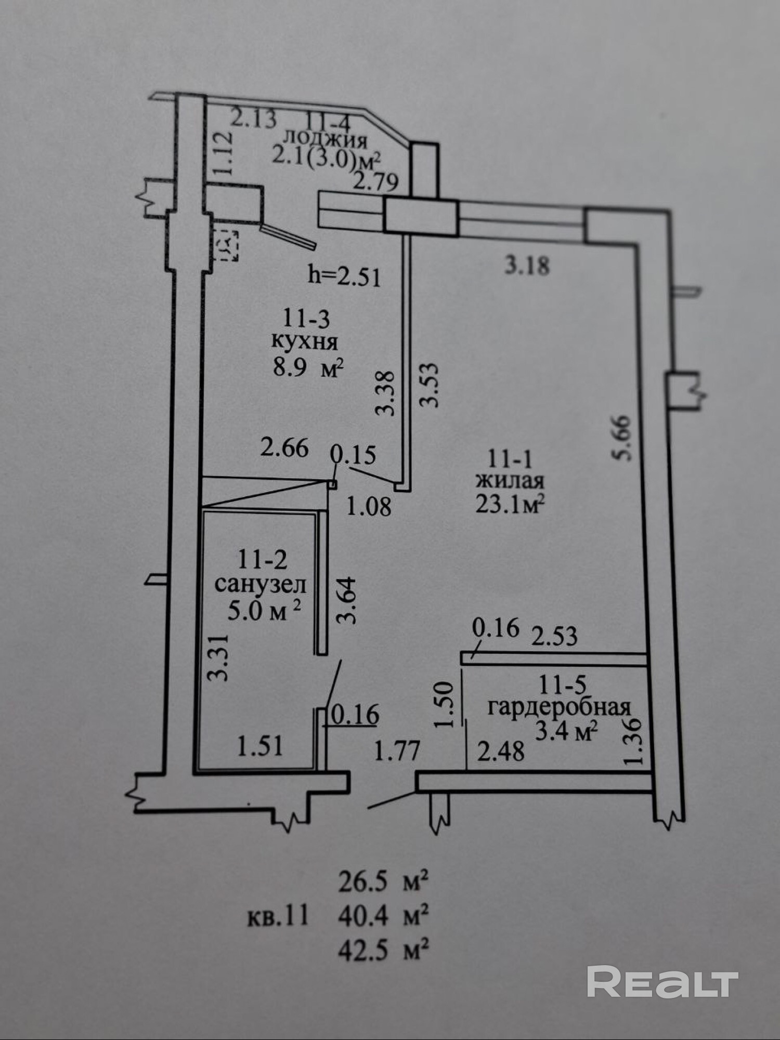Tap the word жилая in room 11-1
(x=510, y=480)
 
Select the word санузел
(x=260, y=585)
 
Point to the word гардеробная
(x=559, y=707)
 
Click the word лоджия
(x=325, y=139)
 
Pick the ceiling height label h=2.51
(x=344, y=275)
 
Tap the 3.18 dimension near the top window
(x=527, y=266)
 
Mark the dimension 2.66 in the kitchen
(x=284, y=447)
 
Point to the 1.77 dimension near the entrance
(x=397, y=751)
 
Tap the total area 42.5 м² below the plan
(x=384, y=951)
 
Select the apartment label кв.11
(x=278, y=916)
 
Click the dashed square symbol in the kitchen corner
(x=227, y=243)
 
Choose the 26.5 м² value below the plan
(x=384, y=882)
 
